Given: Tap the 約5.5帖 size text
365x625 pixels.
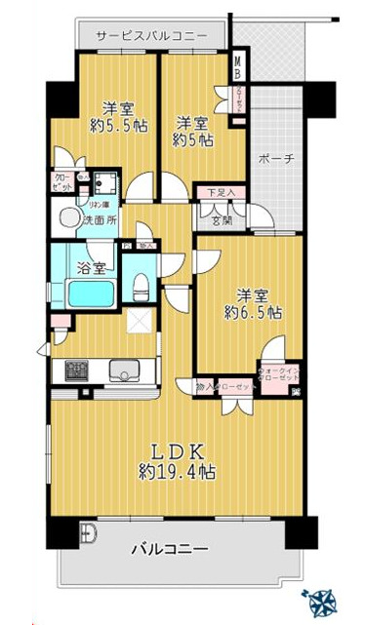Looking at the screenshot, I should [x=114, y=126].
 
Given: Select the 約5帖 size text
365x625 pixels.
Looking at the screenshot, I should [x=190, y=139].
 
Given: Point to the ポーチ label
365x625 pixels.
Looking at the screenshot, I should [x=277, y=158].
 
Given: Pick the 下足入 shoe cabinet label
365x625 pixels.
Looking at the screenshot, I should [x=220, y=193].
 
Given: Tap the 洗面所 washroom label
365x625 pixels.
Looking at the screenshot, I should [x=100, y=220].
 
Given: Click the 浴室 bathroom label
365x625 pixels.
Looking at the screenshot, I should [x=92, y=264].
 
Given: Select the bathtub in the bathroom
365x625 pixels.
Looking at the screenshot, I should [x=93, y=293].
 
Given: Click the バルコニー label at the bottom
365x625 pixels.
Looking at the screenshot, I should [x=171, y=549].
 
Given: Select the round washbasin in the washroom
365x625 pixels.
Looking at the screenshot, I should [x=71, y=218].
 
